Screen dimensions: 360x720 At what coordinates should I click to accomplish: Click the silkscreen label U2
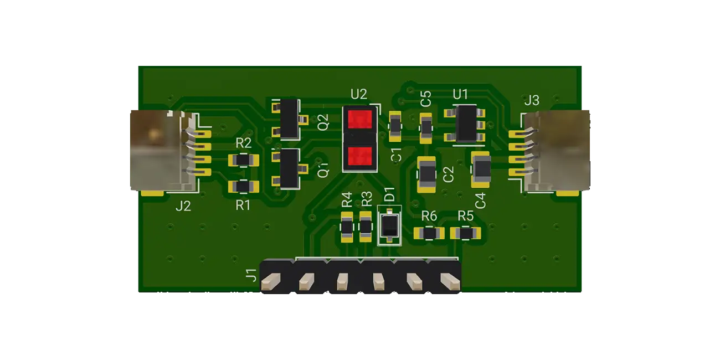(359, 94)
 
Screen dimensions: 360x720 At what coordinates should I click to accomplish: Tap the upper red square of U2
(359, 119)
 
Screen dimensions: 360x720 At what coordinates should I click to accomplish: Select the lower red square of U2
(359, 156)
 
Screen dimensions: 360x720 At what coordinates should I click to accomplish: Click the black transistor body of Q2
(289, 118)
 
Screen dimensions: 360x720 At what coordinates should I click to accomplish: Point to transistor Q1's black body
(289, 168)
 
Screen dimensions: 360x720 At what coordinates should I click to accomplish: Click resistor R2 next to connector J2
(243, 161)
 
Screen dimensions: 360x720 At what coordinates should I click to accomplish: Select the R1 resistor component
(243, 187)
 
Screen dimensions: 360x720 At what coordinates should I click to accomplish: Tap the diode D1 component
(390, 225)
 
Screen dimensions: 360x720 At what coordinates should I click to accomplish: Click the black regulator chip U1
(465, 122)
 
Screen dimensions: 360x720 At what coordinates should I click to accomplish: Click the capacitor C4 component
(481, 169)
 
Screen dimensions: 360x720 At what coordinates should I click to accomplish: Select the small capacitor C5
(425, 127)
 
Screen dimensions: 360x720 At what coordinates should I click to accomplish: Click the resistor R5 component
(466, 233)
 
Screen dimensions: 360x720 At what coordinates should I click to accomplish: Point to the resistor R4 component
(347, 226)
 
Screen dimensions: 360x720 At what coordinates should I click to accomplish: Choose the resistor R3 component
(366, 226)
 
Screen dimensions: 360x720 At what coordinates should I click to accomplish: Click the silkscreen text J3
(531, 100)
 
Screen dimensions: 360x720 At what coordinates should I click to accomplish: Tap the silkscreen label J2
(183, 207)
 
